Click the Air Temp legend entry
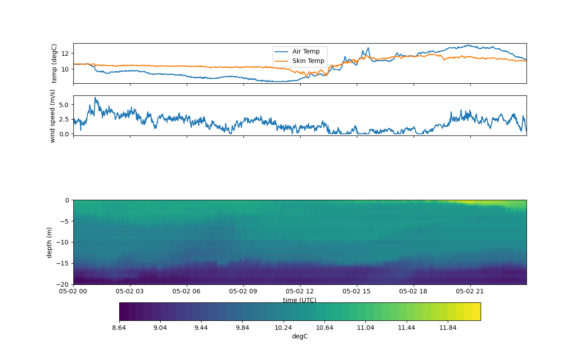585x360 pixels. tap(306, 51)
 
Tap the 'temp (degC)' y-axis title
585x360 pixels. tap(54, 63)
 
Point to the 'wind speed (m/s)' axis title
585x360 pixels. tap(53, 116)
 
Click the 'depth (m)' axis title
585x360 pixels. tap(49, 242)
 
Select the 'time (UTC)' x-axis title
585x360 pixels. tap(300, 300)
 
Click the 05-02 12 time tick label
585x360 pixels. tap(300, 291)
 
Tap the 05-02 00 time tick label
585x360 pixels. tap(73, 291)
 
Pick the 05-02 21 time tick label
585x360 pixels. tap(470, 291)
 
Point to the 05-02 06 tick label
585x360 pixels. tap(187, 291)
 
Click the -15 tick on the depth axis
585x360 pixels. tap(65, 263)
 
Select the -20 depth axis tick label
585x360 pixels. tap(65, 284)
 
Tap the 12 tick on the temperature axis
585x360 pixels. tap(65, 53)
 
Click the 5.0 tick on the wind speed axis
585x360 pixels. tap(64, 104)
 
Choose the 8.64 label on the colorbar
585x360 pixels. tap(119, 328)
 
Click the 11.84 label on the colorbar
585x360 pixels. tap(448, 328)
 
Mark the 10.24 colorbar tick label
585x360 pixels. tap(283, 328)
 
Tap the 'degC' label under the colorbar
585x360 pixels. tap(300, 336)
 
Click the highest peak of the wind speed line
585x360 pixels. tap(95, 97)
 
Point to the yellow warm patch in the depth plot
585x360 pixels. tap(477, 202)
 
